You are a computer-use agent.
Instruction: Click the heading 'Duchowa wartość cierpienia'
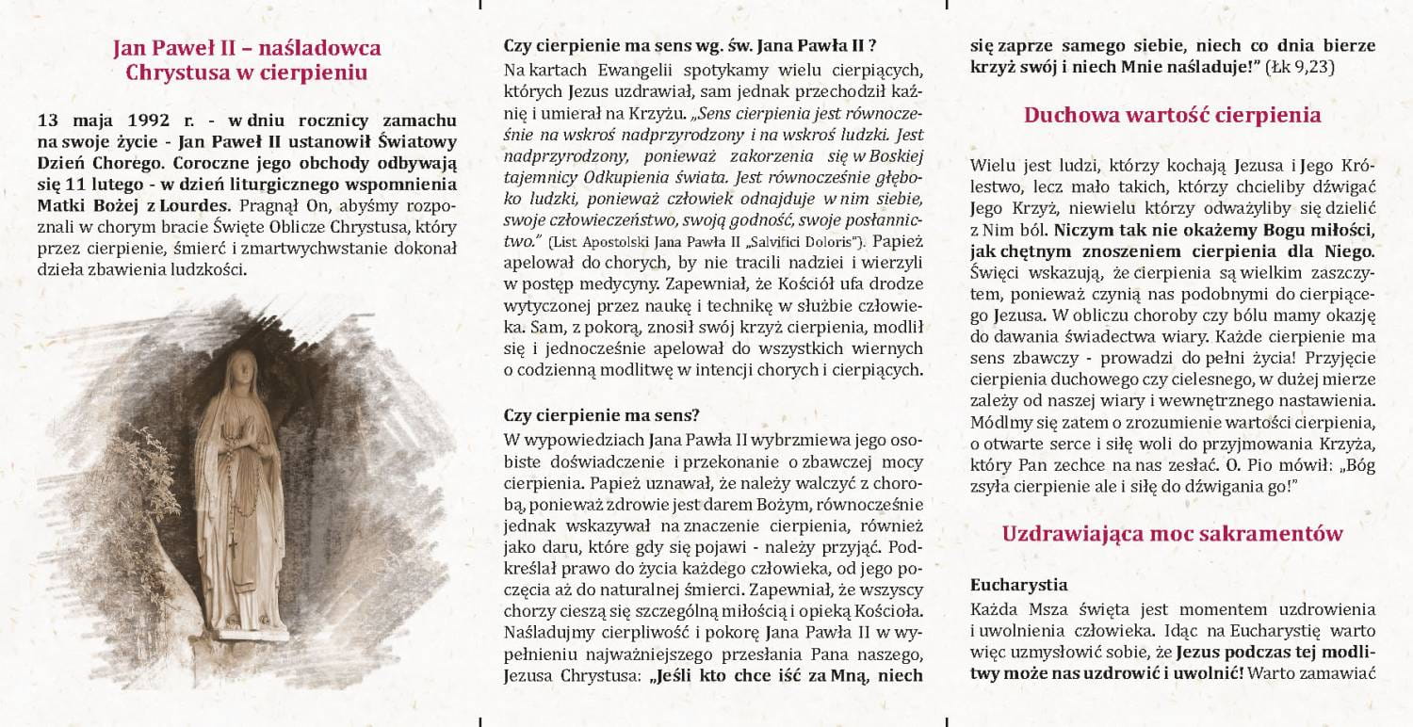[1172, 116]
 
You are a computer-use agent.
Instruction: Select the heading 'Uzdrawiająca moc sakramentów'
[1172, 534]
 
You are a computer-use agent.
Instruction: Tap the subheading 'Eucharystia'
[1019, 584]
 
